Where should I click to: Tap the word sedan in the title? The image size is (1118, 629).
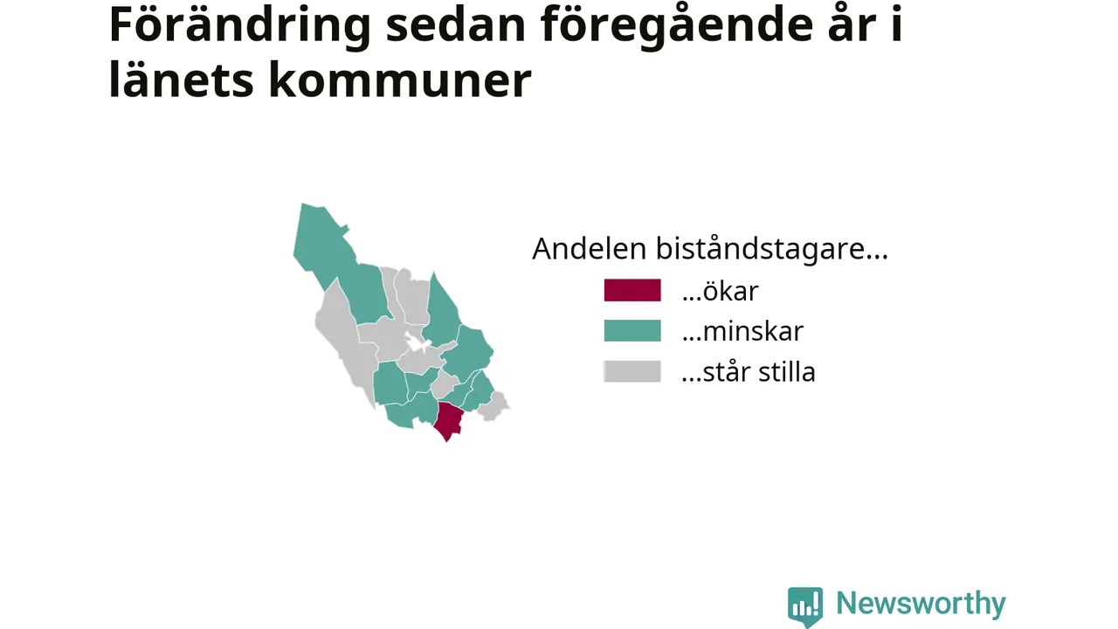(456, 24)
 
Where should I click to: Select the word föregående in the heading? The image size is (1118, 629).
(677, 26)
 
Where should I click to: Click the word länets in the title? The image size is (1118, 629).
(181, 79)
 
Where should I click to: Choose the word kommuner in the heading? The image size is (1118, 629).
(400, 79)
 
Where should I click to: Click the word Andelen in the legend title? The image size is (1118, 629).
(589, 248)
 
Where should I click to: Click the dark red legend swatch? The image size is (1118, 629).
(632, 290)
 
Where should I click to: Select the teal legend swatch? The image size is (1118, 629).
(632, 330)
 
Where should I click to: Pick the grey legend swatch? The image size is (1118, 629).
(632, 371)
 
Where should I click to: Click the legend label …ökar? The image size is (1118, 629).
(721, 291)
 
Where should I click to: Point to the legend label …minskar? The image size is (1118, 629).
(742, 331)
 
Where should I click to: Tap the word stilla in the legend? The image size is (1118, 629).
(787, 371)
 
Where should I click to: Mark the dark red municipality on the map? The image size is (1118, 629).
(448, 420)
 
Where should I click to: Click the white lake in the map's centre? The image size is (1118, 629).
(418, 343)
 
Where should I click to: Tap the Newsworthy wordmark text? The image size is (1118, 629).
(921, 604)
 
